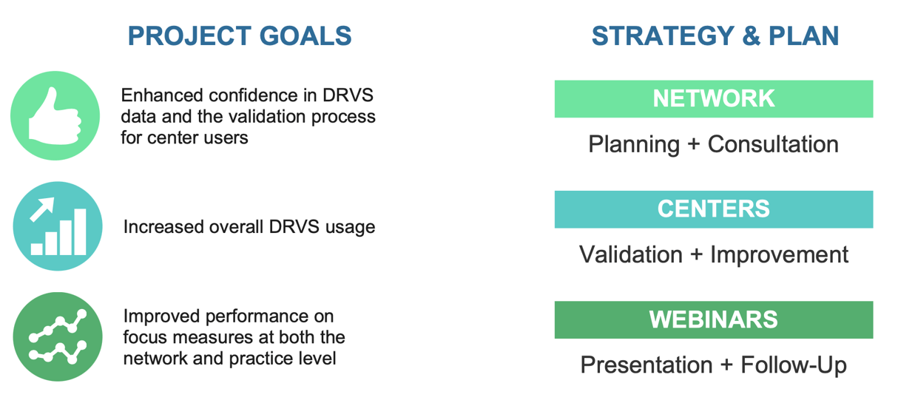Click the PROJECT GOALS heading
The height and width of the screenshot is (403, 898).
[x=239, y=36]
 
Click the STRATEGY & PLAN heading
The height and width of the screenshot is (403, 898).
[x=715, y=36]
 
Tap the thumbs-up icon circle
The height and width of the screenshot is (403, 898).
[x=55, y=116]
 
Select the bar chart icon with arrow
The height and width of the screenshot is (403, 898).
[x=58, y=226]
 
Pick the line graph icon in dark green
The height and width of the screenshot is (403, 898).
[x=58, y=336]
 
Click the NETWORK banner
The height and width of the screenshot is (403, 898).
[x=714, y=98]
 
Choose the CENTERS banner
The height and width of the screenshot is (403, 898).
[x=714, y=209]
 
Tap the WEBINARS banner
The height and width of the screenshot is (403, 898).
[x=714, y=319]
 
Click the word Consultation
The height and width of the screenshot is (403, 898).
[x=773, y=144]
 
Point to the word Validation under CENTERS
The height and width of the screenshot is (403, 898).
[x=631, y=254]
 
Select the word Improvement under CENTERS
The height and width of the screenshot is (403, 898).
[x=779, y=254]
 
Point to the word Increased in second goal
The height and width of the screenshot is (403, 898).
[x=160, y=226]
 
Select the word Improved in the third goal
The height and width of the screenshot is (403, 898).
[x=158, y=317]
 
